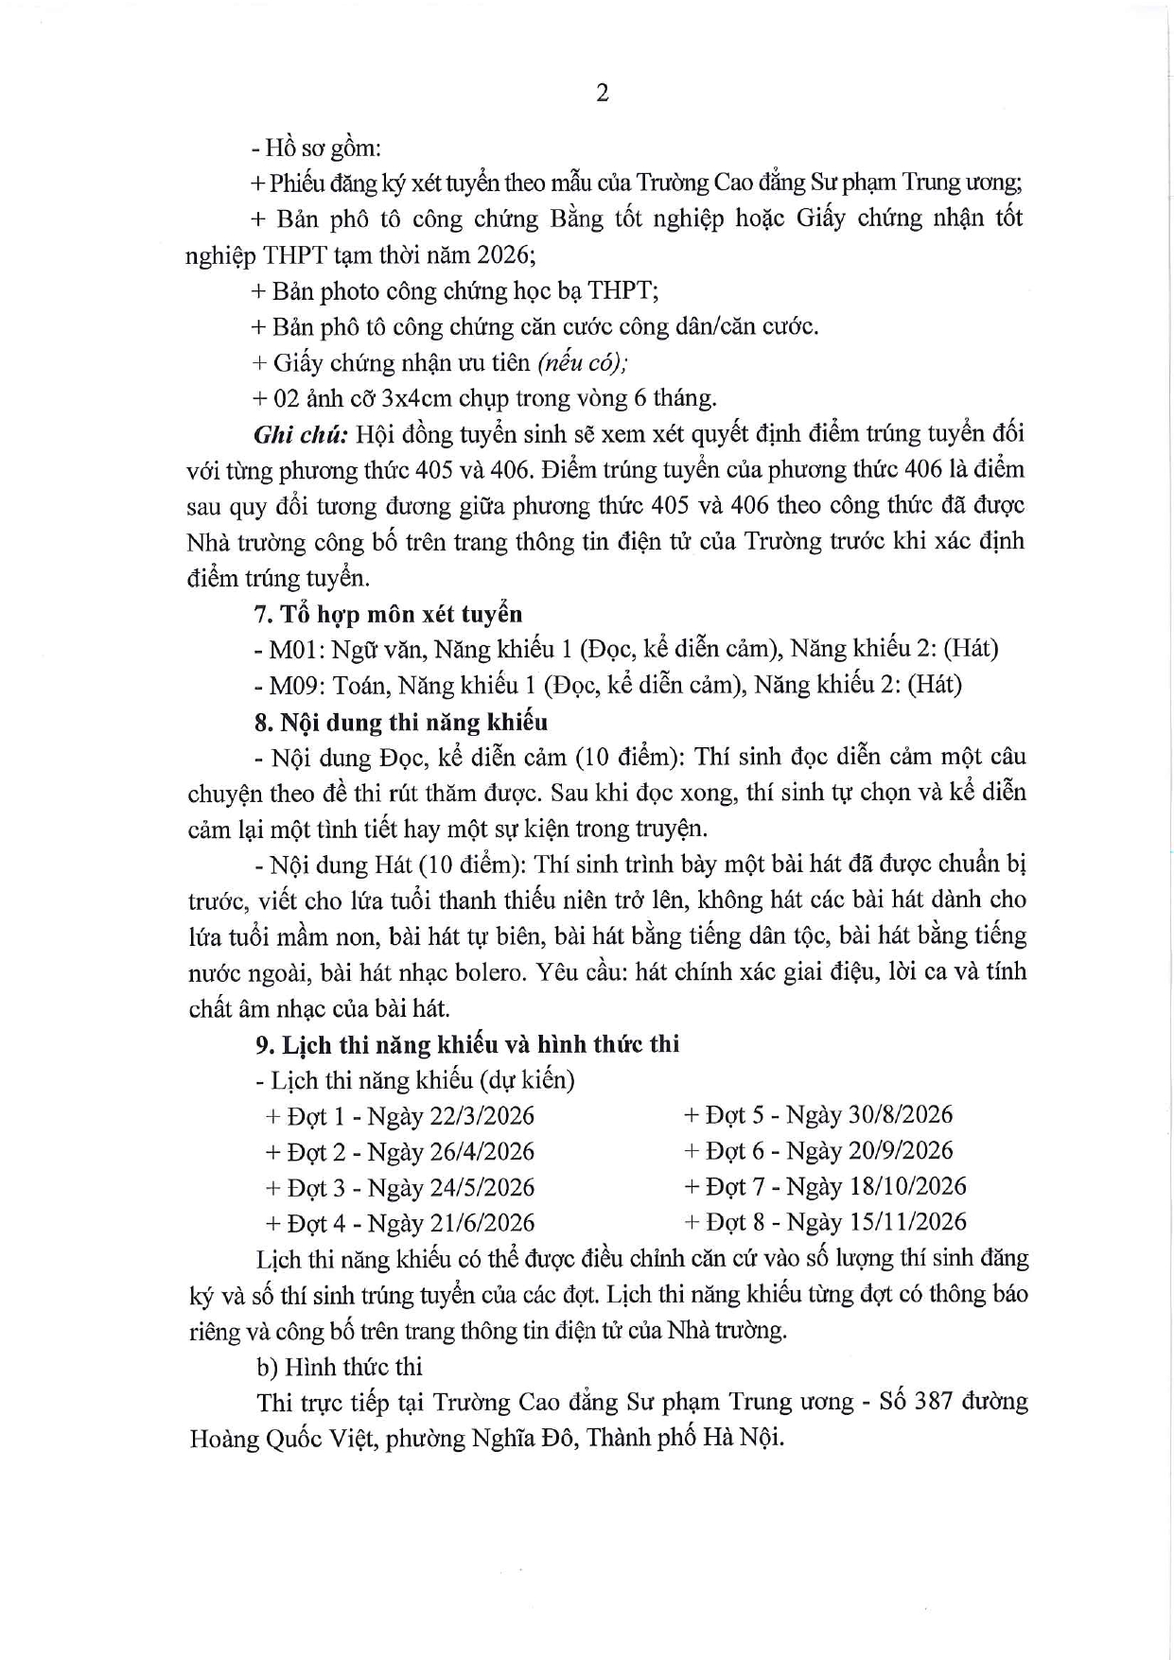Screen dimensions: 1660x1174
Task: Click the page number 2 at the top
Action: point(603,93)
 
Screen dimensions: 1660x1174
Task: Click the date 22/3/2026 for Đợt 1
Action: point(482,1116)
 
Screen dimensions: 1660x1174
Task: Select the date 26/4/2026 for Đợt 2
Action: point(482,1152)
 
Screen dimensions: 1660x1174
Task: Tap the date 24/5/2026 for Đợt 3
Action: point(482,1188)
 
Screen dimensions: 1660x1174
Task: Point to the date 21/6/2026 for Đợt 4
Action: point(482,1224)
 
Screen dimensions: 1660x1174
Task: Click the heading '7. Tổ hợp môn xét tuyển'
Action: point(388,614)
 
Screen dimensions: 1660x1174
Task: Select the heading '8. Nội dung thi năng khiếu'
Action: point(400,722)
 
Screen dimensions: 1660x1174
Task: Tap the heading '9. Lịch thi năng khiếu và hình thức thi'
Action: point(466,1044)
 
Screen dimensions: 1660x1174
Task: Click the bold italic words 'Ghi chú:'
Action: point(301,434)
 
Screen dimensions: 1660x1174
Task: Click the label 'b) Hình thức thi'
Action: point(339,1367)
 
